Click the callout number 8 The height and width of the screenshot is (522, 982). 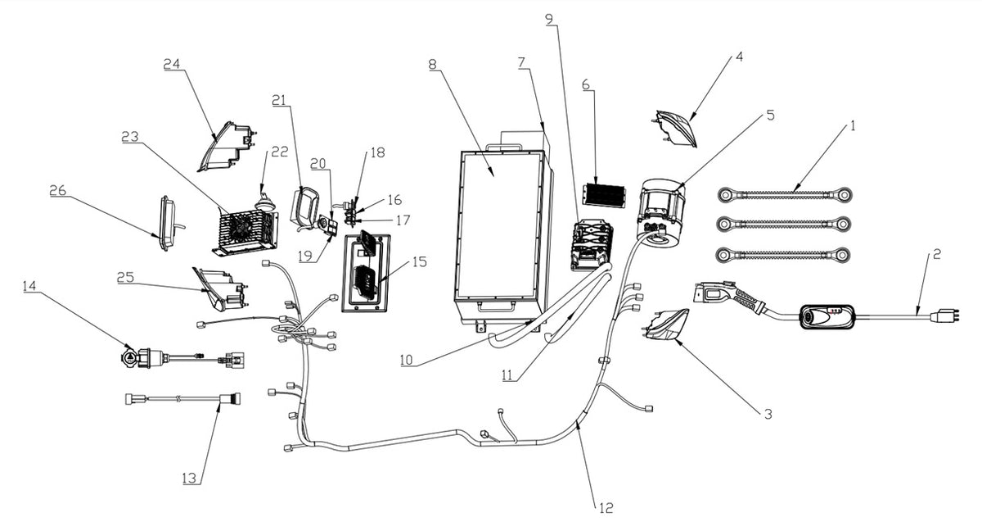click(x=431, y=65)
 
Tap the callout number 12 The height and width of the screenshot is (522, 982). click(x=604, y=508)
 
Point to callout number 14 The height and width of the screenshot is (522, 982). click(x=30, y=287)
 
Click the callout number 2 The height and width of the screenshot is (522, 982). click(x=936, y=255)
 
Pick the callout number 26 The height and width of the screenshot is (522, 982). click(x=57, y=190)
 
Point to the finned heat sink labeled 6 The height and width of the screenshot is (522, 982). click(x=603, y=194)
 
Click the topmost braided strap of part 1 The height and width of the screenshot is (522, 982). click(x=785, y=195)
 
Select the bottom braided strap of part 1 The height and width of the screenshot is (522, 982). click(x=785, y=255)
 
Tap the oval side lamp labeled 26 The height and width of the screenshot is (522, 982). click(x=168, y=221)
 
